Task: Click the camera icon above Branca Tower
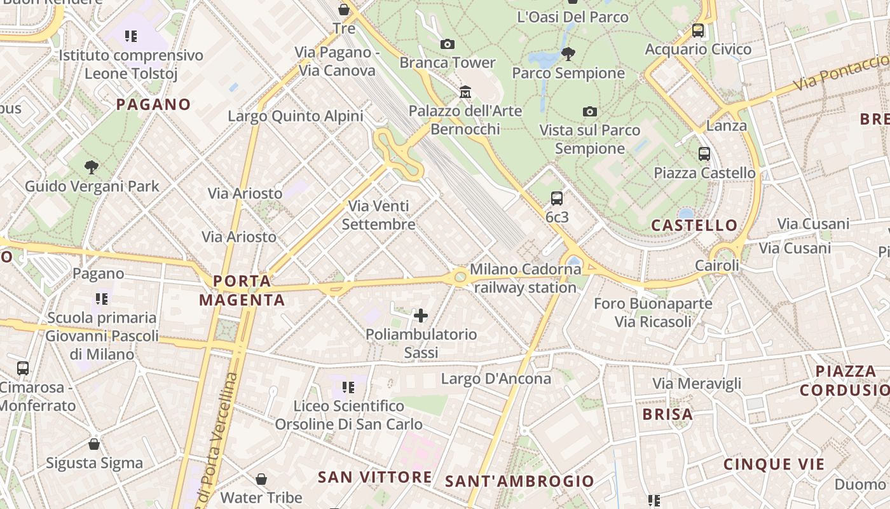[x=448, y=44]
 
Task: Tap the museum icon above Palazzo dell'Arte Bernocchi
[x=465, y=92]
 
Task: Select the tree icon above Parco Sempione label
[x=568, y=53]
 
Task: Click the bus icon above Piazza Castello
[x=704, y=153]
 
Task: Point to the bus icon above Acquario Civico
[x=698, y=30]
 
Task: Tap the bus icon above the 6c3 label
[x=557, y=198]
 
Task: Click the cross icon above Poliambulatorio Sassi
[x=421, y=315]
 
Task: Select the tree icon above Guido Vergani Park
[x=92, y=167]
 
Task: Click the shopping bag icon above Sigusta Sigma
[x=94, y=443]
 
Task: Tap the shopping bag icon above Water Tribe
[x=261, y=478]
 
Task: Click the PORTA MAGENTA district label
[x=242, y=290]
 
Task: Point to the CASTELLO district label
[x=694, y=225]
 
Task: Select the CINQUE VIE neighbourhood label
[x=774, y=464]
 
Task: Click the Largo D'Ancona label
[x=496, y=379]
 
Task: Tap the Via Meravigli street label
[x=697, y=384]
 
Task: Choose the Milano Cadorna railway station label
[x=525, y=278]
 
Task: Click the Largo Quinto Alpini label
[x=296, y=116]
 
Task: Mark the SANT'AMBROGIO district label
[x=519, y=482]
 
